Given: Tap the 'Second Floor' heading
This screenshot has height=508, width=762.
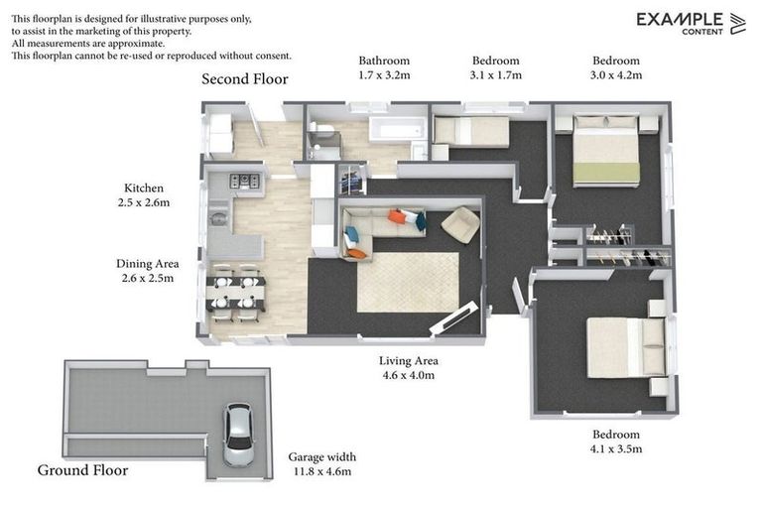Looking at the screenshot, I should (x=245, y=79).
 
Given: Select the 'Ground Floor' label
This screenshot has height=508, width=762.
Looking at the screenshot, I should (x=82, y=470).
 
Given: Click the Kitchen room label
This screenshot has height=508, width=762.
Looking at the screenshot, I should (x=144, y=188).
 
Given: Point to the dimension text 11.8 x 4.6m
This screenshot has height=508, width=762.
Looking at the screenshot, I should (x=319, y=472).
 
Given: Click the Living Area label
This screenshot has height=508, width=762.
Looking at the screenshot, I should (x=409, y=361).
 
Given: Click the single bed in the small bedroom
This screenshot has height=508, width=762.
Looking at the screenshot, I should (x=471, y=131).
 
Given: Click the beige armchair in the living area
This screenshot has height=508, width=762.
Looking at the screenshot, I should (x=459, y=224).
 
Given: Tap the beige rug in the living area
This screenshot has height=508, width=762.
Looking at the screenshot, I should (x=408, y=281).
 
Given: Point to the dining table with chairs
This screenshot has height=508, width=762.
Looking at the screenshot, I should (x=235, y=294).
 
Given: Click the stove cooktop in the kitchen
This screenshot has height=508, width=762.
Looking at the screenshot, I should (x=244, y=181).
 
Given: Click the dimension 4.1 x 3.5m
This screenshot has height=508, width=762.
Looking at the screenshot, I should (x=616, y=449).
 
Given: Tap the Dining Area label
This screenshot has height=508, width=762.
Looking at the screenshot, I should (x=148, y=264).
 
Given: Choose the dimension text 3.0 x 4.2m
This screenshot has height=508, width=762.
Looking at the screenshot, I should (x=616, y=75).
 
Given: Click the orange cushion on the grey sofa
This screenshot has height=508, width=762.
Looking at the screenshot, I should (x=397, y=216).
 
